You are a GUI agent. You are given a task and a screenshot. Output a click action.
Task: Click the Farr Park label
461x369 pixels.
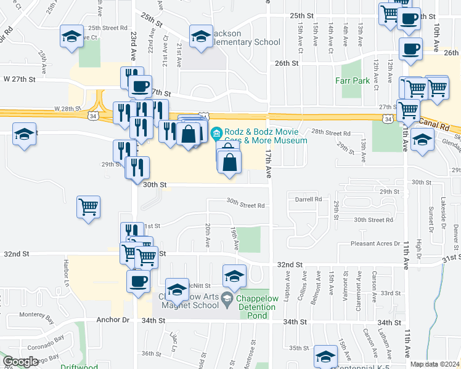(352, 81)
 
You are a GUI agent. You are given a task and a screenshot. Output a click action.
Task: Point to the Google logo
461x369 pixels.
(20, 362)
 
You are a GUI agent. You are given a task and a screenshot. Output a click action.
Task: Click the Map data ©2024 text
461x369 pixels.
(434, 364)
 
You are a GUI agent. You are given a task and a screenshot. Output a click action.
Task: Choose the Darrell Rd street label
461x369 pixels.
(309, 199)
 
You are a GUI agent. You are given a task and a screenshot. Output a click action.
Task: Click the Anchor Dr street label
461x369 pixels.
(113, 320)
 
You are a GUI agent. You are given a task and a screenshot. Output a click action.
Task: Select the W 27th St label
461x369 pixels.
(20, 79)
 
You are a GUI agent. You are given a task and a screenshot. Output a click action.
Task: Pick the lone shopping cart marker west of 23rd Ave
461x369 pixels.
(88, 207)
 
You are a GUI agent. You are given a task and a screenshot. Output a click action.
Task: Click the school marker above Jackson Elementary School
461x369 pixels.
(201, 36)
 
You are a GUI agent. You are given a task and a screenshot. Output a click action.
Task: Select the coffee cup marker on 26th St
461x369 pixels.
(410, 49)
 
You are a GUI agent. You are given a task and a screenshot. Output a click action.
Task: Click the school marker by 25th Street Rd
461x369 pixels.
(72, 36)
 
